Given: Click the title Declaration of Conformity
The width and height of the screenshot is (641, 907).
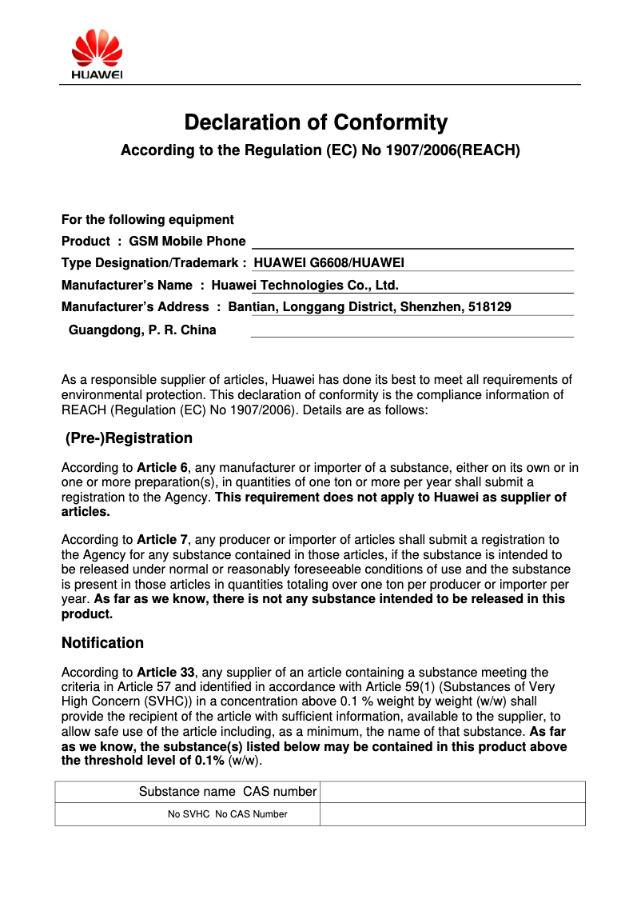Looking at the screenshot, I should tap(316, 122).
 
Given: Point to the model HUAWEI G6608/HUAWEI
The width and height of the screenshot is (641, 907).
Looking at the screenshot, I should tap(329, 262).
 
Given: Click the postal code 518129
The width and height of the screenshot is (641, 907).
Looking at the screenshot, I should tap(489, 306).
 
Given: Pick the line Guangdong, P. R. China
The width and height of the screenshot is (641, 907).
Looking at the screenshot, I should tap(142, 330).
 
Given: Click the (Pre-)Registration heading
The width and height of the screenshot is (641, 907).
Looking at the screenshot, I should tap(129, 438).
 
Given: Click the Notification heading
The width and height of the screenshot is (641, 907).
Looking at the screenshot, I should tap(102, 643).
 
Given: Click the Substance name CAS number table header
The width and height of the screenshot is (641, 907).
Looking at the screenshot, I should tap(228, 792).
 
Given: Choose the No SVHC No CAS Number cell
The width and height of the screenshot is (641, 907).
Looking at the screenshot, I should tap(227, 814).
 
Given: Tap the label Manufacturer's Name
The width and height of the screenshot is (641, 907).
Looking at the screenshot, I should tap(127, 285).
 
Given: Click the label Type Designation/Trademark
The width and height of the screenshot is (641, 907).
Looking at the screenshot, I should tap(149, 262).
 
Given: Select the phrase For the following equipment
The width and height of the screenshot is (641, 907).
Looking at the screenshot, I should tap(148, 219).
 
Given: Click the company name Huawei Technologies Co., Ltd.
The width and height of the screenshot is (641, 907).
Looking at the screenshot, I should tap(305, 285).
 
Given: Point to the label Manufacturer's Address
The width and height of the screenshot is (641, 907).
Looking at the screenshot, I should tap(135, 306).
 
